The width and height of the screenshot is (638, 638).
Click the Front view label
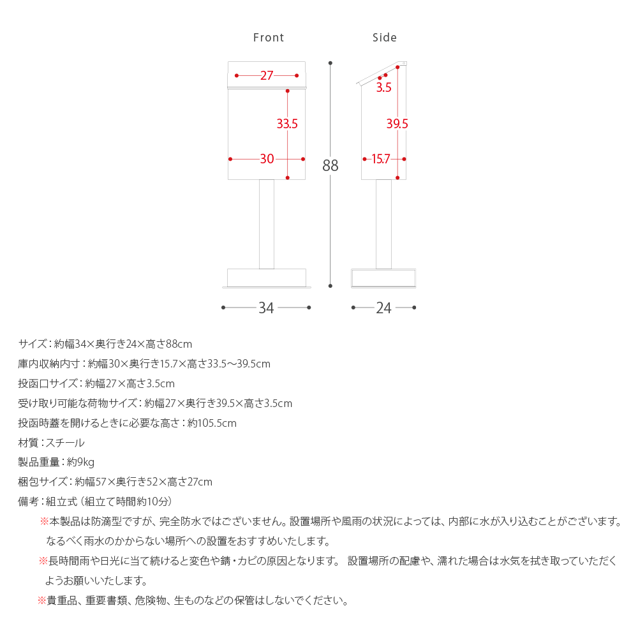[x=269, y=38]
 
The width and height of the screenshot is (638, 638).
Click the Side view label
[x=385, y=38]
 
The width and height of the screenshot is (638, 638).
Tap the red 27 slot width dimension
[x=267, y=76]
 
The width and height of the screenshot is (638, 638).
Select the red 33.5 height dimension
[x=287, y=124]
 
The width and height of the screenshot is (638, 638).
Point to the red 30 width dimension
[x=267, y=159]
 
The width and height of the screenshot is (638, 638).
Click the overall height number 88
[x=330, y=166]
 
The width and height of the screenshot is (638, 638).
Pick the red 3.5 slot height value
[x=383, y=88]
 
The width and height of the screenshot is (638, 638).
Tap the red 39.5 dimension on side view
[x=397, y=124]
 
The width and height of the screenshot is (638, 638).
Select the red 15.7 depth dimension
[x=381, y=159]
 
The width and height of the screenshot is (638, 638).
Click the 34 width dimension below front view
[x=266, y=308]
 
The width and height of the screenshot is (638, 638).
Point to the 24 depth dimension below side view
[x=383, y=308]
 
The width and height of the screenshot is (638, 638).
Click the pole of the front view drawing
[x=267, y=223]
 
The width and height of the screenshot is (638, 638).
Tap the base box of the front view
[x=267, y=278]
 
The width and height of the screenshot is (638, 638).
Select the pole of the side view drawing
[x=383, y=223]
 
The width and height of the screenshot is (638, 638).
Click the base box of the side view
[x=383, y=278]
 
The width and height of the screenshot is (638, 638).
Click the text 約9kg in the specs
[x=81, y=462]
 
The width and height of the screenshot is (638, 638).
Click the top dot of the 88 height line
[x=330, y=63]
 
